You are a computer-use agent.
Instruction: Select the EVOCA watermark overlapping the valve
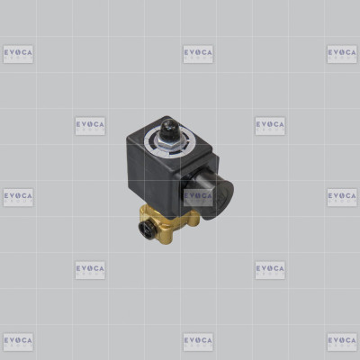tap(198, 197)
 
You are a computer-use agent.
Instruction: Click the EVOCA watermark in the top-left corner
tap(18, 54)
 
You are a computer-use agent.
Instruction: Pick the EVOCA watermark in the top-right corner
tap(342, 54)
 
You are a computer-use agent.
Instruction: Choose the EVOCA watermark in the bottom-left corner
tap(18, 342)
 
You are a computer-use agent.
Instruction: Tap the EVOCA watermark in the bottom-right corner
tap(342, 342)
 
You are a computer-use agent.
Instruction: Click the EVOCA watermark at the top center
tap(198, 54)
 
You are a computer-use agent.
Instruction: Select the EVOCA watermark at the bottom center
tap(198, 342)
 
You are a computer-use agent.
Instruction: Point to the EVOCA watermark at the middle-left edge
tap(18, 197)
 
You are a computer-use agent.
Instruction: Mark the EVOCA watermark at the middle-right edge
tap(342, 197)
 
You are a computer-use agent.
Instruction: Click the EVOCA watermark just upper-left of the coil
tap(90, 126)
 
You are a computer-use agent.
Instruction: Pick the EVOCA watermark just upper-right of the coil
tap(270, 126)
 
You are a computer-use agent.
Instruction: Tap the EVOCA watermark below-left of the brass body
tap(90, 270)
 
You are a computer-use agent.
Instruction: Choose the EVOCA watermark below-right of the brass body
tap(270, 270)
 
